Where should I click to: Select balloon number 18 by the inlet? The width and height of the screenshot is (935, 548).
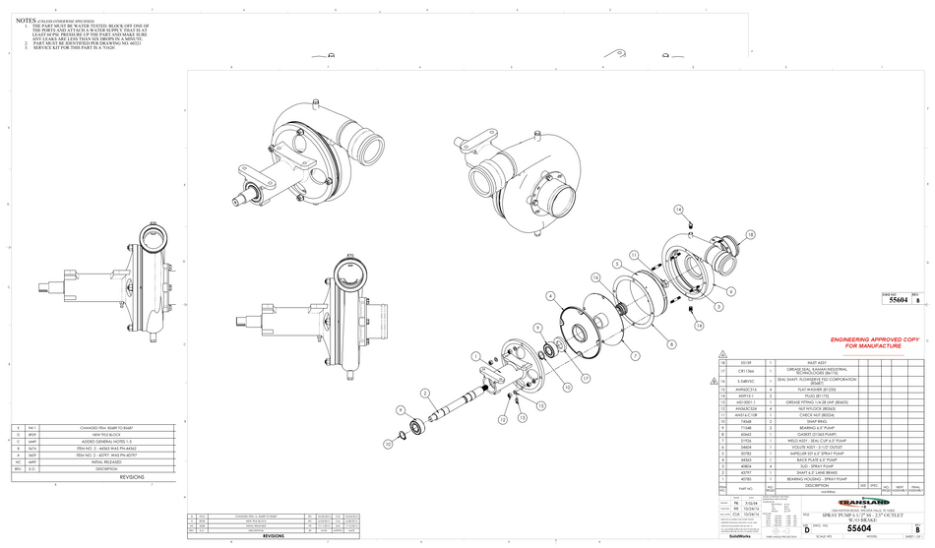point(750,234)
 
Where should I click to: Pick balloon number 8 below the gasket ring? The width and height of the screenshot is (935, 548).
point(671,343)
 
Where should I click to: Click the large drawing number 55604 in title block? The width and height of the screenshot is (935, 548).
point(859,529)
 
